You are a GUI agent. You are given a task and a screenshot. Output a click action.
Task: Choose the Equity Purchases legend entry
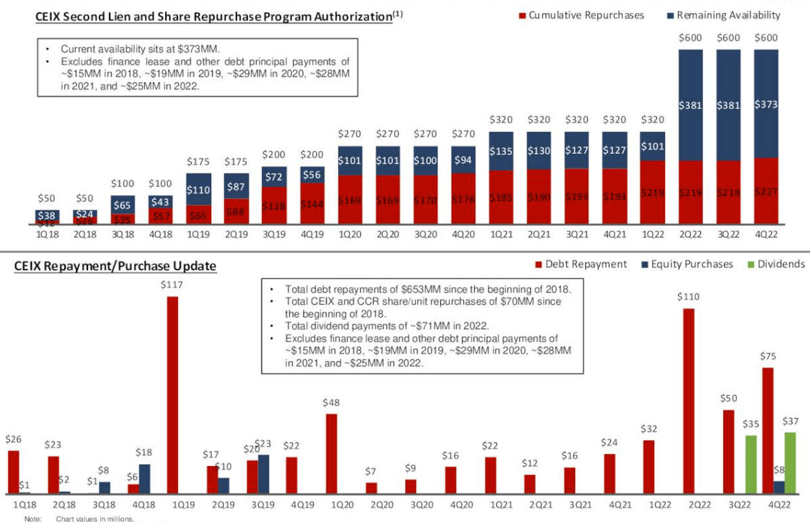(687, 264)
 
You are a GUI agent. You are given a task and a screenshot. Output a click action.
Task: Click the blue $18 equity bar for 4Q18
(144, 478)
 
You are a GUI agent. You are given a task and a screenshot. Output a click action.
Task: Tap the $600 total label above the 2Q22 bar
(690, 39)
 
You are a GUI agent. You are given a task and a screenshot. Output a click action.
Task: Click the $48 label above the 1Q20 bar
(331, 402)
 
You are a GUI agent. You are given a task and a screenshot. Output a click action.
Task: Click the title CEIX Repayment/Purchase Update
(115, 266)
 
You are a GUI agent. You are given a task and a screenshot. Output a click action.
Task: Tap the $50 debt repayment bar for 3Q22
(728, 451)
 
